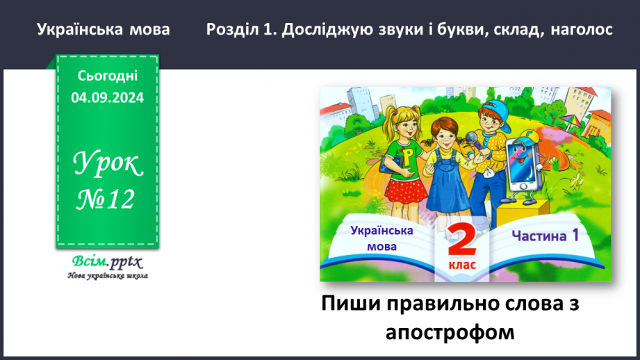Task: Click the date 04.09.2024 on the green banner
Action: coord(107,98)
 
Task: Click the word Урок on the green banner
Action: coord(107,165)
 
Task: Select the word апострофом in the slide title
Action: coord(450,332)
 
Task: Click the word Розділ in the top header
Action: coord(234,30)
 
